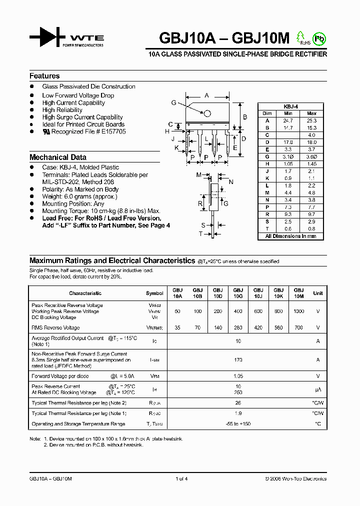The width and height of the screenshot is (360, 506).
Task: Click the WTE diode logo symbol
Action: tap(47, 37)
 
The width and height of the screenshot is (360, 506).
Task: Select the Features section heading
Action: tap(44, 76)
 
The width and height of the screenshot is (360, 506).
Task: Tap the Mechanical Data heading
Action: tap(57, 157)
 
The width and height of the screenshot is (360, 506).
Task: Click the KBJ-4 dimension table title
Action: tap(290, 106)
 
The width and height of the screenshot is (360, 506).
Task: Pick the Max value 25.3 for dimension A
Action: tap(311, 120)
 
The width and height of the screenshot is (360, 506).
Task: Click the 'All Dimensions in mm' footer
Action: tap(290, 236)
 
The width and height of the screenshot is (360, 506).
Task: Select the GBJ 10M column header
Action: tap(298, 293)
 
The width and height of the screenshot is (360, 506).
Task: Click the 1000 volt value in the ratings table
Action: tap(298, 311)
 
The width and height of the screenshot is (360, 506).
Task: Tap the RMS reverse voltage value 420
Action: tap(258, 328)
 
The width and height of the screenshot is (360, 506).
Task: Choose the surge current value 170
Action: tap(238, 359)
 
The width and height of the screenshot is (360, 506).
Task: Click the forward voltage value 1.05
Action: tap(238, 376)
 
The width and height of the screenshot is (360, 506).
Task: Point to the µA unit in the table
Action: tap(317, 389)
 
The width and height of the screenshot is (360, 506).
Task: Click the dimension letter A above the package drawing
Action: tap(206, 95)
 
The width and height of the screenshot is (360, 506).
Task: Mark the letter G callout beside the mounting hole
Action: tap(173, 102)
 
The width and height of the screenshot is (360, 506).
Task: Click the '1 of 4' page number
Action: tap(181, 479)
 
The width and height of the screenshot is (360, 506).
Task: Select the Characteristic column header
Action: tap(85, 293)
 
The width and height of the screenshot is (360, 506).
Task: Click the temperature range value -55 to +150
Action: tap(238, 424)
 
